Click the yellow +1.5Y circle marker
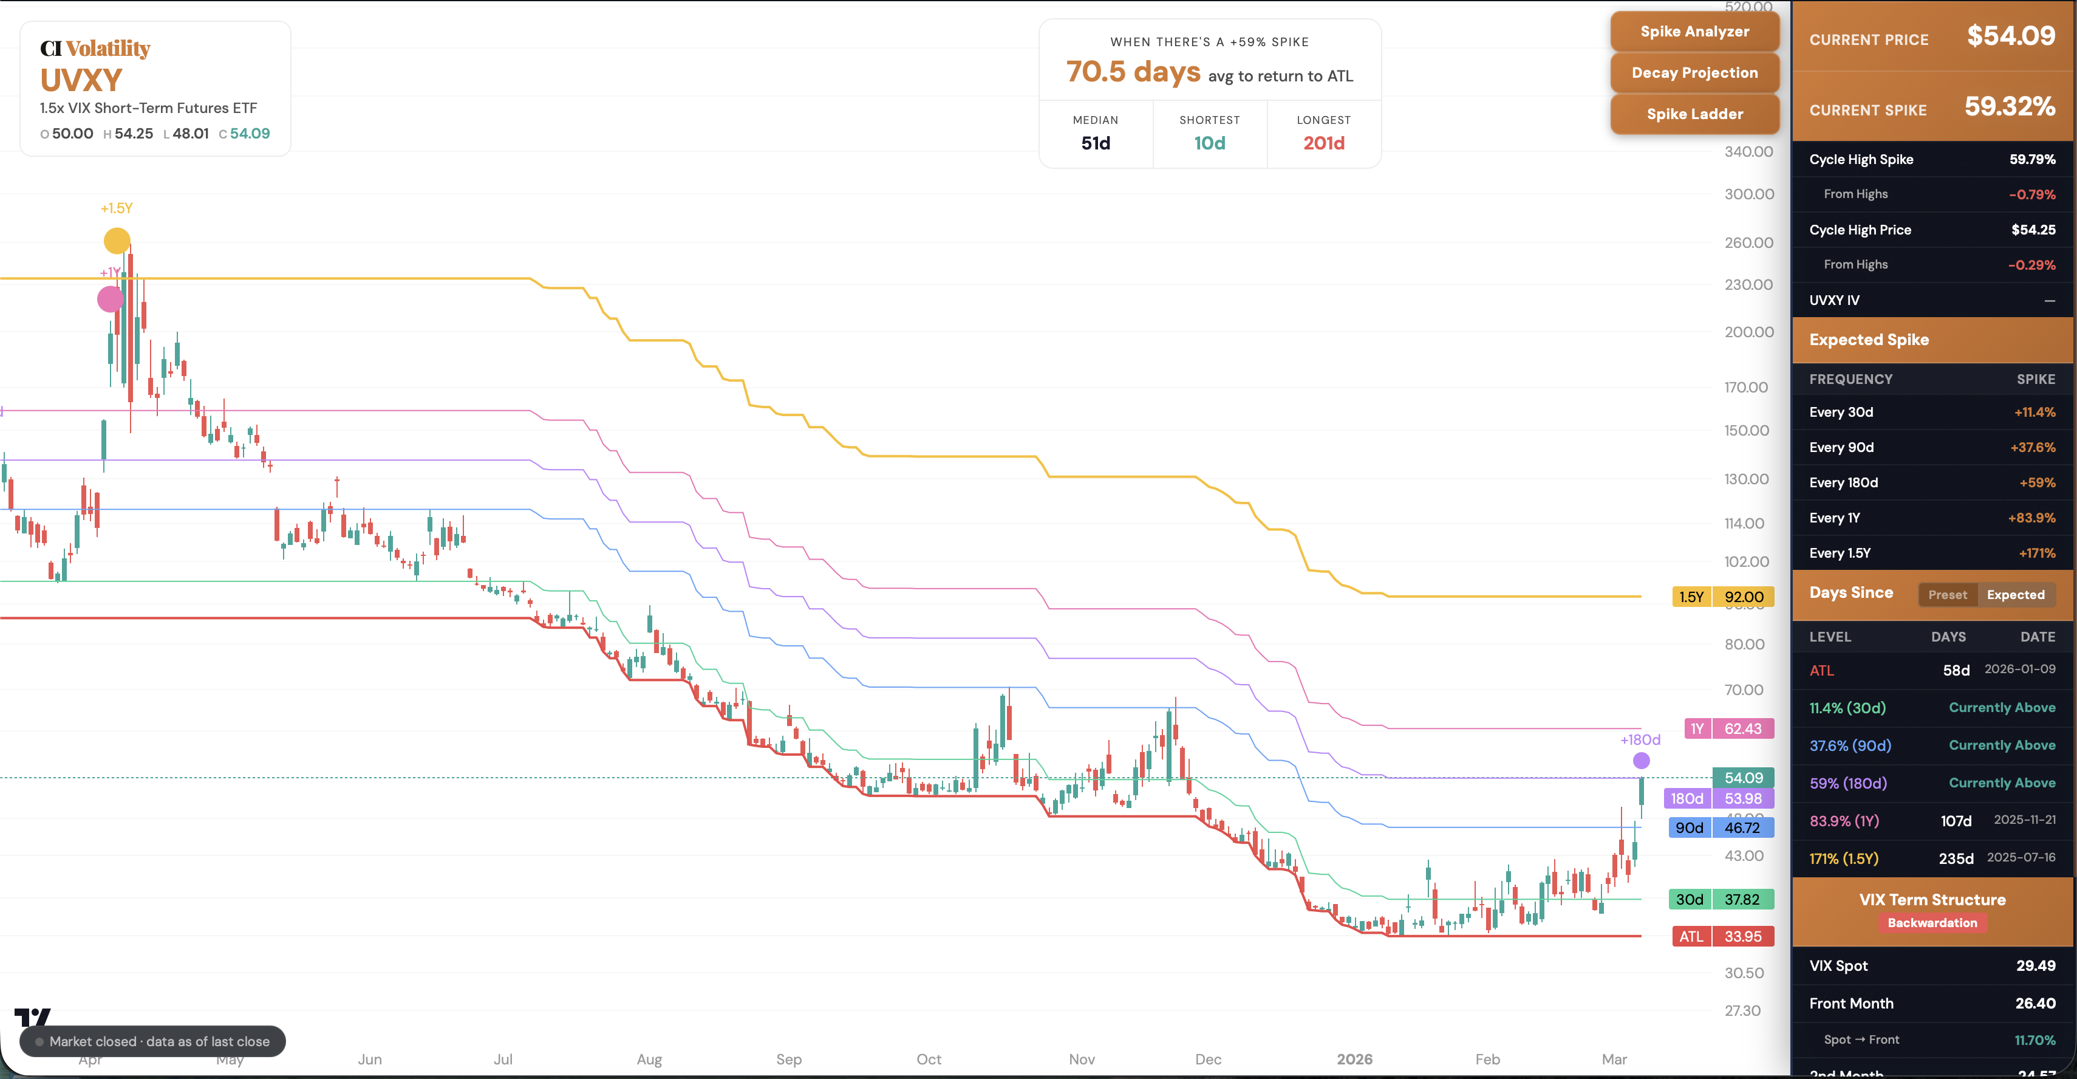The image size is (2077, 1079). click(x=117, y=241)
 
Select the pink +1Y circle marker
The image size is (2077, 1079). click(x=111, y=299)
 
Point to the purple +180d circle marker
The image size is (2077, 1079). click(x=1641, y=761)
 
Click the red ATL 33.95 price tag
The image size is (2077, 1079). click(x=1722, y=936)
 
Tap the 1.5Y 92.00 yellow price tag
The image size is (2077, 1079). click(x=1722, y=597)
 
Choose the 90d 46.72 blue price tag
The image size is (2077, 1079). click(x=1721, y=827)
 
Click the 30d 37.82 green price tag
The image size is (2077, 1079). click(x=1721, y=899)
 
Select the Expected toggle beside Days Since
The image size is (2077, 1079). click(x=2015, y=594)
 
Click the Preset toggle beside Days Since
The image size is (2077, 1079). click(x=1947, y=594)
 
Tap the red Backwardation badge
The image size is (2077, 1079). click(x=1932, y=922)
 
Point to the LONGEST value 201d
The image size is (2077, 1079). click(x=1323, y=143)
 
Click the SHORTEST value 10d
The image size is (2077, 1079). click(x=1209, y=143)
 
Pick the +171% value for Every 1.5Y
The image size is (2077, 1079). click(x=2037, y=553)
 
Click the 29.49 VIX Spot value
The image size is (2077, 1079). click(x=2035, y=965)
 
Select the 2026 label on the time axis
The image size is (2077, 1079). click(x=1354, y=1059)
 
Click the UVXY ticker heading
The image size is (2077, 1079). click(x=81, y=80)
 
